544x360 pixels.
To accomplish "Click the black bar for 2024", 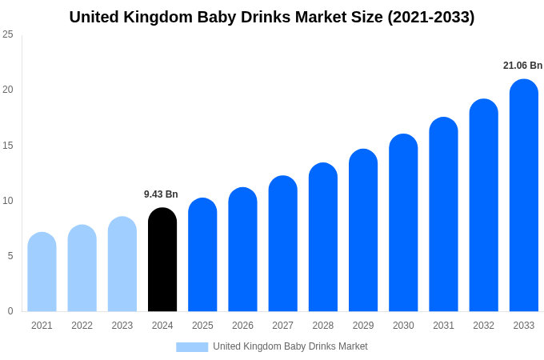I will tap(162, 260).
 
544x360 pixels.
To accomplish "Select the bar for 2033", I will tap(523, 196).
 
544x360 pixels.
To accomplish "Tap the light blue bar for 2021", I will tap(42, 272).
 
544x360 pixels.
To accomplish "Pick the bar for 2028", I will tap(322, 238).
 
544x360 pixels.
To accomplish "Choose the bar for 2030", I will tap(403, 223).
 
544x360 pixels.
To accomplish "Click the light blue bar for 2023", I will tap(122, 264).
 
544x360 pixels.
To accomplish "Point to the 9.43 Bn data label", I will tap(161, 194).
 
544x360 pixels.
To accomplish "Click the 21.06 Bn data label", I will tap(522, 66).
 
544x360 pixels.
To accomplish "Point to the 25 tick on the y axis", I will tap(8, 34).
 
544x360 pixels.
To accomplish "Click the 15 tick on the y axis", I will tap(8, 145).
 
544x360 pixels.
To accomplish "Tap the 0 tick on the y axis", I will tap(10, 311).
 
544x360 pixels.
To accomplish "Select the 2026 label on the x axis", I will tap(242, 326).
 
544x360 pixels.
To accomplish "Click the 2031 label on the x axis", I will tap(443, 326).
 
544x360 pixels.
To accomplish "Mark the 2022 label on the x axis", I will tap(82, 326).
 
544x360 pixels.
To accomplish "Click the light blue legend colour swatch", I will tap(192, 346).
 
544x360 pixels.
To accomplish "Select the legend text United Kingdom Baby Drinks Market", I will tap(290, 346).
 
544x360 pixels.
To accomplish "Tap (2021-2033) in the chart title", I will tap(430, 17).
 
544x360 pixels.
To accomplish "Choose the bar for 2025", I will tap(202, 255).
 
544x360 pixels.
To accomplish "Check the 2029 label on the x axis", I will tap(363, 326).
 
